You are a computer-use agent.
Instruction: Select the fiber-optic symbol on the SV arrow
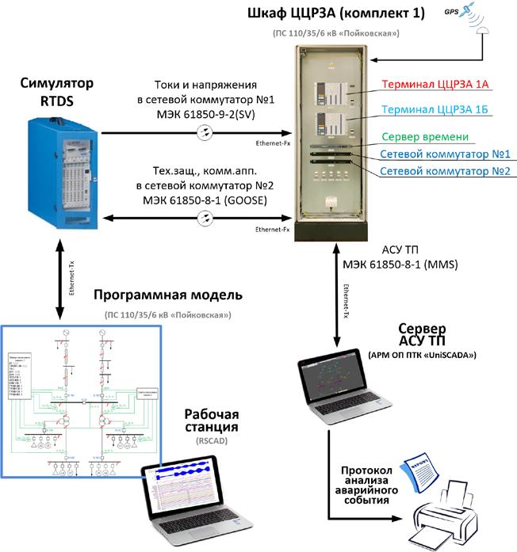pos(205,135)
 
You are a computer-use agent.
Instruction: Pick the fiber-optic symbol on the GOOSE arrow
pos(205,218)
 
